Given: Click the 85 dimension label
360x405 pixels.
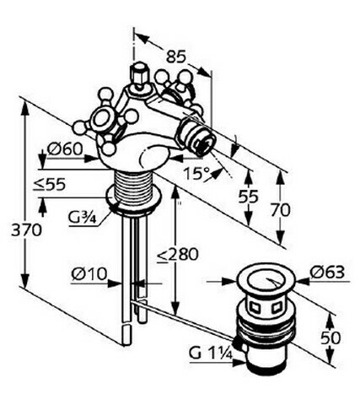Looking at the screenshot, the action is pos(176,57).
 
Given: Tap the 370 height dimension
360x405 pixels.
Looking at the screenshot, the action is pos(26,230).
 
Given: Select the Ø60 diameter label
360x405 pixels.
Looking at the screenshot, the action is pos(65,148).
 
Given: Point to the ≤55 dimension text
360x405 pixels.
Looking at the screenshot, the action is pos(50,185).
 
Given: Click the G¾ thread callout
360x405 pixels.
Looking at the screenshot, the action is pos(82,218).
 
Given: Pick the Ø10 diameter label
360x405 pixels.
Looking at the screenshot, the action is pos(89,274).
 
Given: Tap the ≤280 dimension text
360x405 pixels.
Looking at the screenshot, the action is pos(178,255).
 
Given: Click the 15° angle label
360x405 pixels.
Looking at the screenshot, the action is pos(196,174).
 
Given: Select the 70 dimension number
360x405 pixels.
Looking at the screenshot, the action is pos(280,210).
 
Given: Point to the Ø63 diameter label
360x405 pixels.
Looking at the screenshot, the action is pos(327,272).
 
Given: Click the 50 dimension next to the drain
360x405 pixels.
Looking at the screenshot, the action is pos(330,337).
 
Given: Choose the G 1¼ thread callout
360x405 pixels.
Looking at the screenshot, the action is pos(211,354).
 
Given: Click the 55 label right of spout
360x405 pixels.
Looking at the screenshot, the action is pos(248,197).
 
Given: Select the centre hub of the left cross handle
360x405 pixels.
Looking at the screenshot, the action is pos(101,119).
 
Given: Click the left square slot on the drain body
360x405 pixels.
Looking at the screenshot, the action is pos(255,307).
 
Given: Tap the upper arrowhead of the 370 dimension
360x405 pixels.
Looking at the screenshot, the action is pos(25,108).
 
